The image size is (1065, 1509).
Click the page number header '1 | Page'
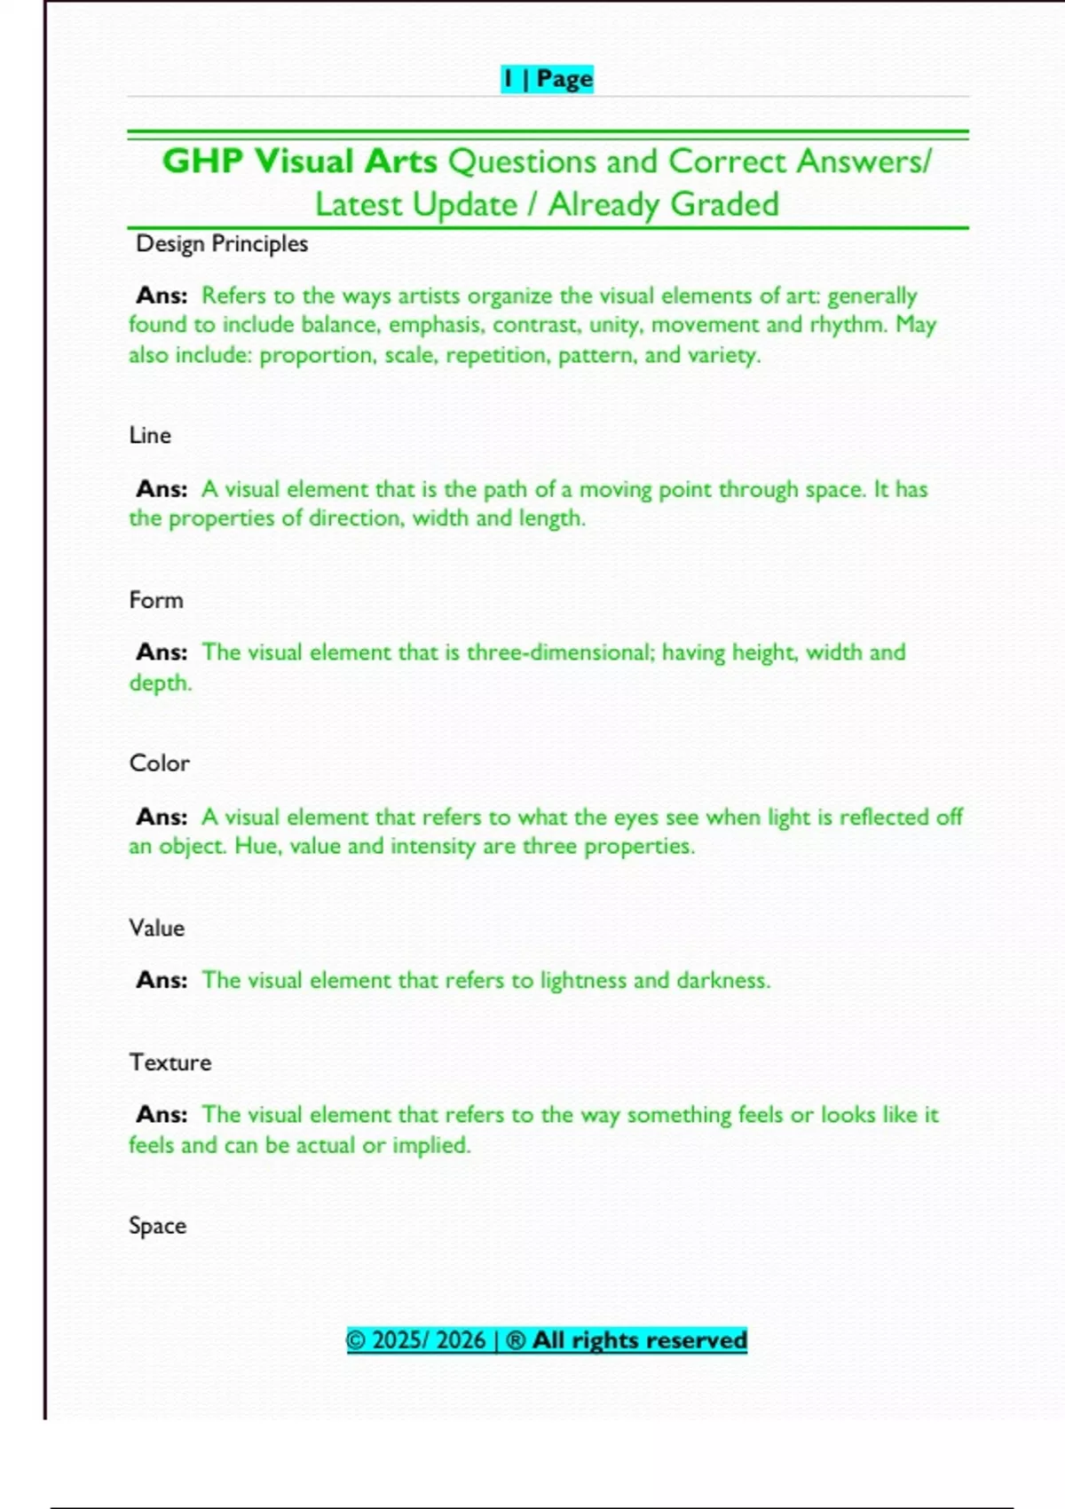(x=547, y=79)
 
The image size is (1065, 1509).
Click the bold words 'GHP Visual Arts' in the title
(x=299, y=162)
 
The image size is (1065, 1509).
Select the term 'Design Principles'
(x=221, y=244)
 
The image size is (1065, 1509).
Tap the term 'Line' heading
(x=150, y=436)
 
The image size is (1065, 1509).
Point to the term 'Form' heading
(x=156, y=600)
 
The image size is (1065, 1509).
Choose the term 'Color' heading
(x=159, y=763)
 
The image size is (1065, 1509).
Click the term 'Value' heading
(x=157, y=928)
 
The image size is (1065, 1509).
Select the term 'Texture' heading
(x=170, y=1063)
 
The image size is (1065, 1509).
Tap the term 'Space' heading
(x=157, y=1226)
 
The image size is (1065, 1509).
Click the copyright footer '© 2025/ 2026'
(x=415, y=1340)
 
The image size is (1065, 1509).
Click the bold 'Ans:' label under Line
(x=162, y=489)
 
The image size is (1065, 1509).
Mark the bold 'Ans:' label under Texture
(x=162, y=1115)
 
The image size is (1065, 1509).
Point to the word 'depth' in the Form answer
(x=159, y=683)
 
